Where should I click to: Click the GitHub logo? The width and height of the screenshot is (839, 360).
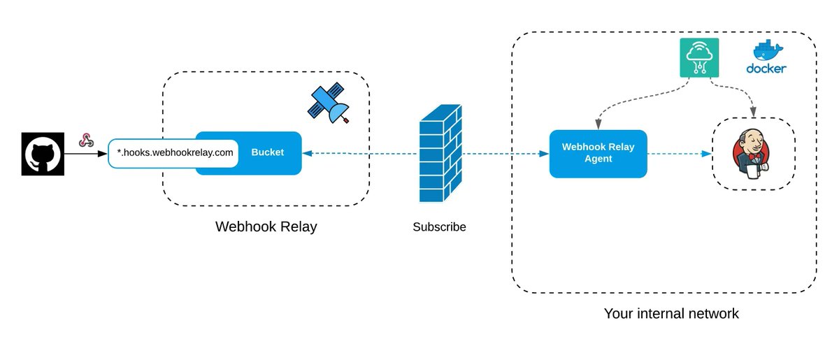click(x=43, y=154)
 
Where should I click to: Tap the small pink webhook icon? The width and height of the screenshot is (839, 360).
click(x=86, y=140)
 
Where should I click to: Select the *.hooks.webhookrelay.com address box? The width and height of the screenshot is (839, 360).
click(x=173, y=153)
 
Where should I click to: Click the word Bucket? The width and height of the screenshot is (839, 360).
click(x=267, y=152)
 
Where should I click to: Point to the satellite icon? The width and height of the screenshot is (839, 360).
click(x=329, y=103)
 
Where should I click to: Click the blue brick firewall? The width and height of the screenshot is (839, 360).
click(x=440, y=153)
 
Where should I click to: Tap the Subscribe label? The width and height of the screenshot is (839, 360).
click(x=439, y=226)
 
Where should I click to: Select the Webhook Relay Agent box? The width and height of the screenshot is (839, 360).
click(x=598, y=154)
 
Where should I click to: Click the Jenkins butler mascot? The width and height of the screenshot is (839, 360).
click(x=752, y=154)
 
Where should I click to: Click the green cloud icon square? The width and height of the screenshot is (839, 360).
click(x=699, y=58)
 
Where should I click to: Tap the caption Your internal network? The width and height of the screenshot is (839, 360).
click(x=671, y=314)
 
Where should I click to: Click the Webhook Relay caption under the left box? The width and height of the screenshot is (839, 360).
click(x=266, y=226)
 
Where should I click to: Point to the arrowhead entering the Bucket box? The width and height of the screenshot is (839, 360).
click(x=308, y=153)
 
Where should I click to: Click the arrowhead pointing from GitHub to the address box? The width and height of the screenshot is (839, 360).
click(x=102, y=154)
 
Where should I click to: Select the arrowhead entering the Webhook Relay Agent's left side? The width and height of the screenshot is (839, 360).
click(x=544, y=154)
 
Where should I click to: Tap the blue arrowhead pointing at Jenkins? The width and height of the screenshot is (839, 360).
click(x=706, y=154)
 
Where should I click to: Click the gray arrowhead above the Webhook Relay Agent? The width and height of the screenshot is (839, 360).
click(x=598, y=124)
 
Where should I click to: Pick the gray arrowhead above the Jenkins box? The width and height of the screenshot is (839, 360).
click(x=753, y=112)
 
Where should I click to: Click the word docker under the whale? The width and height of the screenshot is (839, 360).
click(x=766, y=69)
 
